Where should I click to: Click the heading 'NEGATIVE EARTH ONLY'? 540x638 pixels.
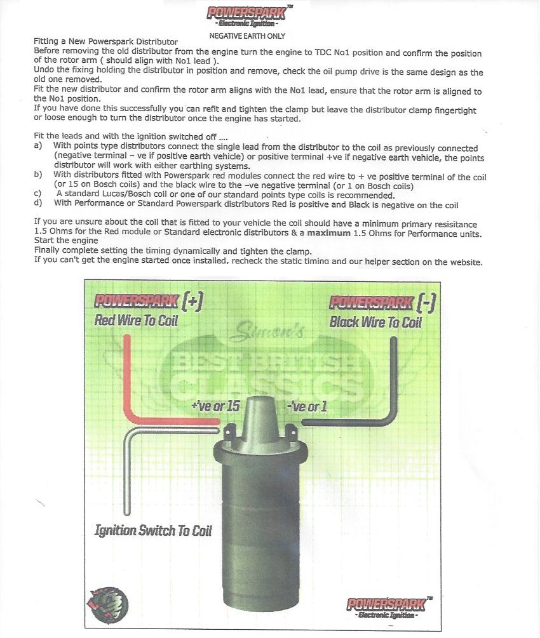[x=247, y=36]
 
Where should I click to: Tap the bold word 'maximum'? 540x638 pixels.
[x=328, y=233]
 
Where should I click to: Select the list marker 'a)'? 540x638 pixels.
[x=38, y=145]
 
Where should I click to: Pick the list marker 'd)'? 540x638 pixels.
[x=38, y=203]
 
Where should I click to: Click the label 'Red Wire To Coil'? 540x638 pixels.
[x=136, y=320]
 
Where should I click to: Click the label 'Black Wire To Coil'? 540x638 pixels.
[x=375, y=322]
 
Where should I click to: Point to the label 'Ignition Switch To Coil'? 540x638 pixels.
[x=153, y=531]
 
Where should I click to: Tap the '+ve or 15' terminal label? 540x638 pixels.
[x=215, y=406]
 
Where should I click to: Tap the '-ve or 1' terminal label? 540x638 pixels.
[x=307, y=406]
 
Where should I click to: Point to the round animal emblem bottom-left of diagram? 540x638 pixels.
[x=107, y=605]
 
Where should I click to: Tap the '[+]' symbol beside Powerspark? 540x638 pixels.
[x=192, y=302]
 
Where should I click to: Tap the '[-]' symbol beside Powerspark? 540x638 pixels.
[x=426, y=303]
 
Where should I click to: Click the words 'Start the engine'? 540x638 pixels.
[x=66, y=241]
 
